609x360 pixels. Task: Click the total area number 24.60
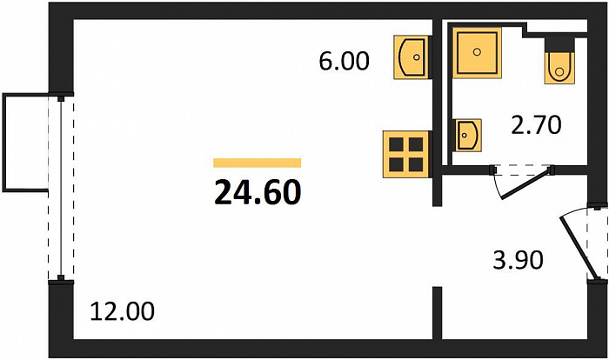258,193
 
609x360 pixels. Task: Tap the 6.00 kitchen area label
344,62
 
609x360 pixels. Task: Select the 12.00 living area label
122,312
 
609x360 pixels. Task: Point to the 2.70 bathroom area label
536,125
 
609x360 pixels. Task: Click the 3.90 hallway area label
518,260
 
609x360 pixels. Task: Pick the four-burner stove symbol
406,154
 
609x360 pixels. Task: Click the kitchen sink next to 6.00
412,57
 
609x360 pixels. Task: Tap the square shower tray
477,53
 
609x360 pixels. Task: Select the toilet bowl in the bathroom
559,68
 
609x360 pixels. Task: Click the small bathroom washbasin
468,135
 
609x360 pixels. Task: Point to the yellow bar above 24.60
258,163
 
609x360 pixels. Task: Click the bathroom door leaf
526,183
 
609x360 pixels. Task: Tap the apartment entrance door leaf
579,249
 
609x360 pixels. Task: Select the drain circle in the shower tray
478,51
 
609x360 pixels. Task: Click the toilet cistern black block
559,44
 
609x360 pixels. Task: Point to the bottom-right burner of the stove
416,164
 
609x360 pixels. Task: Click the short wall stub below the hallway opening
438,313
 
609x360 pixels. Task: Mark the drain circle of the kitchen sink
417,57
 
